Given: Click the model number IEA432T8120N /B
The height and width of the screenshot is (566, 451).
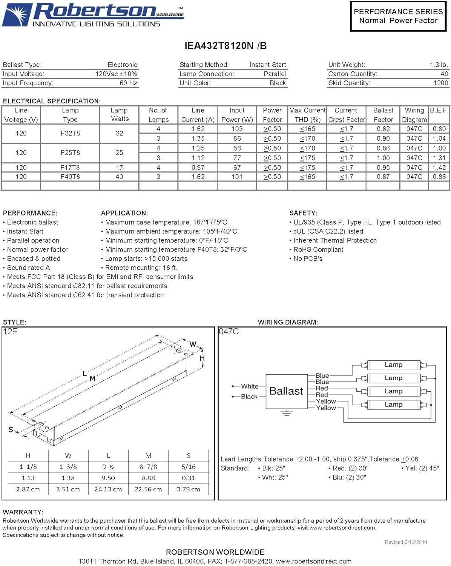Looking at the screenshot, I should coord(225,46).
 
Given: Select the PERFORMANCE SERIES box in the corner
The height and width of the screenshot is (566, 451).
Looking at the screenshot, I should coord(398,16).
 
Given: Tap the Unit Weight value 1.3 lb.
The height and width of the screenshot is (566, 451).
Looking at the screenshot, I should coord(439,65).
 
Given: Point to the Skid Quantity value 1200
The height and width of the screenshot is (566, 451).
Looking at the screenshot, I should coord(440,83).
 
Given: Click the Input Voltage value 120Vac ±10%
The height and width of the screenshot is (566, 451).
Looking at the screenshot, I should coord(116,74).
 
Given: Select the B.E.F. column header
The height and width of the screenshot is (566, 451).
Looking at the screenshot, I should coord(439,111).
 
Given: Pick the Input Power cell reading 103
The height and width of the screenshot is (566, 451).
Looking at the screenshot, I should coord(237,129).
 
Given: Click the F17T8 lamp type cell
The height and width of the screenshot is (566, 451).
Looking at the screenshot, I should coord(70,168).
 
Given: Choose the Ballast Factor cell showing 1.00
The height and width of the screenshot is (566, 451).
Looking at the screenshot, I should coord(383,158).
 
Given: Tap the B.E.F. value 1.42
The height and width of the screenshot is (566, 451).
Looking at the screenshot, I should coord(439,168).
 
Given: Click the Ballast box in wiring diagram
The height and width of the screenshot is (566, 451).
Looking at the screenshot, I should coord(286,391).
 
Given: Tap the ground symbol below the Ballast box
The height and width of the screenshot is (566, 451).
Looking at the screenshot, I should coord(287,412).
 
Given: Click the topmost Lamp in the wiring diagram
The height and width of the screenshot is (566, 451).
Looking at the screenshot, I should coord(393,365).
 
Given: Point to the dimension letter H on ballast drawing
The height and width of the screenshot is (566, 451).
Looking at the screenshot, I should coord(202,358).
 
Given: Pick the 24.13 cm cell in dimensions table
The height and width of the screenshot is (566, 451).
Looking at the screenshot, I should coord(108,489).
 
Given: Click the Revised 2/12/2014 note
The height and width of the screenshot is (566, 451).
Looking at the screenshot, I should coord(406,542).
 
